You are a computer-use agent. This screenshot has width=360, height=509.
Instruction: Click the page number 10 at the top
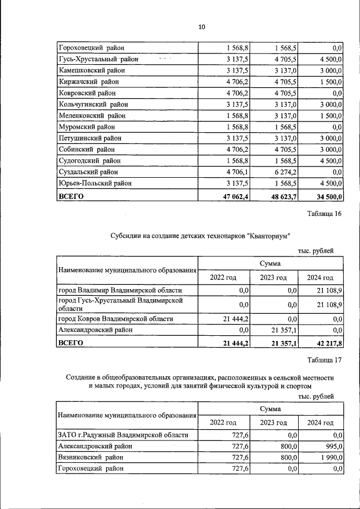[202, 27]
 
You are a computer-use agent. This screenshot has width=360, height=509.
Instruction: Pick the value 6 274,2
[285, 172]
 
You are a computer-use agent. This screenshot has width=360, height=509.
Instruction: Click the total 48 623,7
[284, 196]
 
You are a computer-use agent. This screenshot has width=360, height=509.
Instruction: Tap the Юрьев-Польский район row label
[95, 183]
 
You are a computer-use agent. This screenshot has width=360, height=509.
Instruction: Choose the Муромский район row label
[88, 127]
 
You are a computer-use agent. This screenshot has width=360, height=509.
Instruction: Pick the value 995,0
[333, 445]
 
